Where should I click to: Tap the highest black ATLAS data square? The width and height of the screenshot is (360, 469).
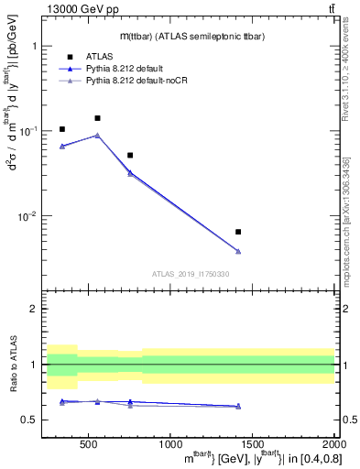pos(97,118)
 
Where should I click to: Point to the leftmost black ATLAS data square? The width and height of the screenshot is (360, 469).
pos(62,129)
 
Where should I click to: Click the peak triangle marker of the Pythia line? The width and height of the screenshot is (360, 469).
pos(97,136)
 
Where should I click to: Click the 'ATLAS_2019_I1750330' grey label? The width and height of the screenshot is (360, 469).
pos(191,274)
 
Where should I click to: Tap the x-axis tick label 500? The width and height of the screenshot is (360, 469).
pos(89,445)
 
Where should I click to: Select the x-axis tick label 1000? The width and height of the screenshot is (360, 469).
pos(169,445)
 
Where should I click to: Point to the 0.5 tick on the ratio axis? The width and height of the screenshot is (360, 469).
pos(33,420)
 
